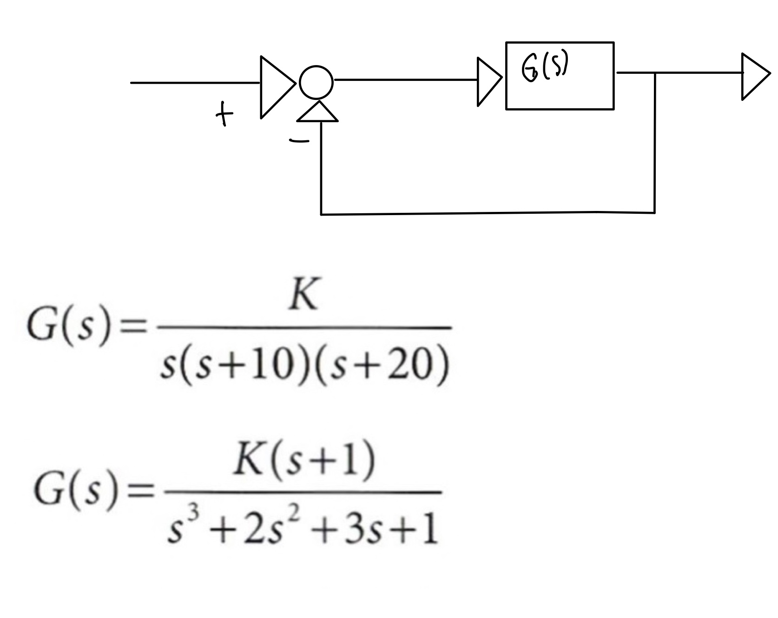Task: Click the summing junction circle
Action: coord(316,83)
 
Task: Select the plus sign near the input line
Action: coord(224,115)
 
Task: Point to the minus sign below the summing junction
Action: coord(299,140)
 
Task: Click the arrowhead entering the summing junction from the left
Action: coord(277,87)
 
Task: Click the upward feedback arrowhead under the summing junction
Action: coord(317,112)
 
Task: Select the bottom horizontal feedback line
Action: coord(488,213)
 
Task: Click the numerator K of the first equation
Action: coord(303,296)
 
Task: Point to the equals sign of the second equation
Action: coord(141,492)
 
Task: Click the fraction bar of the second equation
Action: coord(302,492)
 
